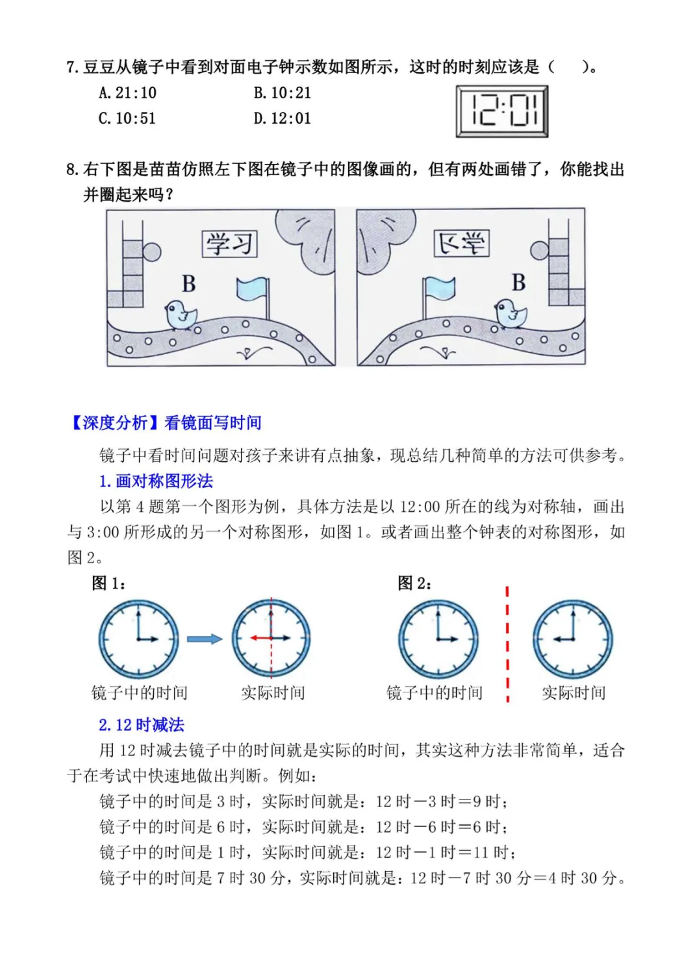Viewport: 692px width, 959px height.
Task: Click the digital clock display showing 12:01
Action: click(x=502, y=111)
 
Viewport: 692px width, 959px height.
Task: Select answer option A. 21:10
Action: click(x=128, y=92)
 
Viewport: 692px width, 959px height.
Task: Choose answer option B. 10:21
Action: click(x=282, y=92)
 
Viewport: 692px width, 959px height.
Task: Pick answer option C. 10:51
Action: click(x=127, y=118)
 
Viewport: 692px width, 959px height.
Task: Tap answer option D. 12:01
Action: click(x=282, y=118)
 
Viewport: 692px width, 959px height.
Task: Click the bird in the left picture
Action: click(x=181, y=315)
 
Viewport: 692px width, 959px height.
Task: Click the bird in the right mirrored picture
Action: click(x=511, y=314)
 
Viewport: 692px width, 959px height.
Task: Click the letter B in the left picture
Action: click(x=189, y=283)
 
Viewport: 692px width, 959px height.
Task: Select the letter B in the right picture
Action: click(x=518, y=282)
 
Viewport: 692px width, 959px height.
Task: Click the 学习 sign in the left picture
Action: click(x=229, y=244)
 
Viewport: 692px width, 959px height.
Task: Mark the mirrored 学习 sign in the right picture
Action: click(x=461, y=243)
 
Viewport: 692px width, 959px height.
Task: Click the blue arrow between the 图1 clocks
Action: click(x=204, y=639)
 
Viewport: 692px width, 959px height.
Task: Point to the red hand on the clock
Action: click(x=260, y=638)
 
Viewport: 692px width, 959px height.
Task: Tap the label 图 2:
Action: click(x=415, y=583)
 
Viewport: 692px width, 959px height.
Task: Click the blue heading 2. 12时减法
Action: click(x=142, y=725)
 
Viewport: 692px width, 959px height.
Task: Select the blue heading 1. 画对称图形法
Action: click(x=156, y=481)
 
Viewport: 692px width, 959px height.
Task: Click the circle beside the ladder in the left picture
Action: click(x=151, y=252)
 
